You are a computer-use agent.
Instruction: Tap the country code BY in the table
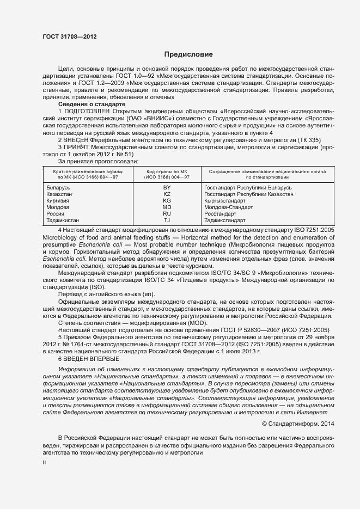pos(167,187)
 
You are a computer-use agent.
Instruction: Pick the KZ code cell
pos(167,194)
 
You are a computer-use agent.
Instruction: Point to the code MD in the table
pos(167,207)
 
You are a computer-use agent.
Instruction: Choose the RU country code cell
pos(167,214)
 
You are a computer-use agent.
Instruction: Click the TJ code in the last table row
pos(167,220)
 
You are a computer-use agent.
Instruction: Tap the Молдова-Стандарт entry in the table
pos(229,207)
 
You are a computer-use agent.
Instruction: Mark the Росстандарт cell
pos(223,214)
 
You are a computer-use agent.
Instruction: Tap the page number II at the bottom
pos(45,462)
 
